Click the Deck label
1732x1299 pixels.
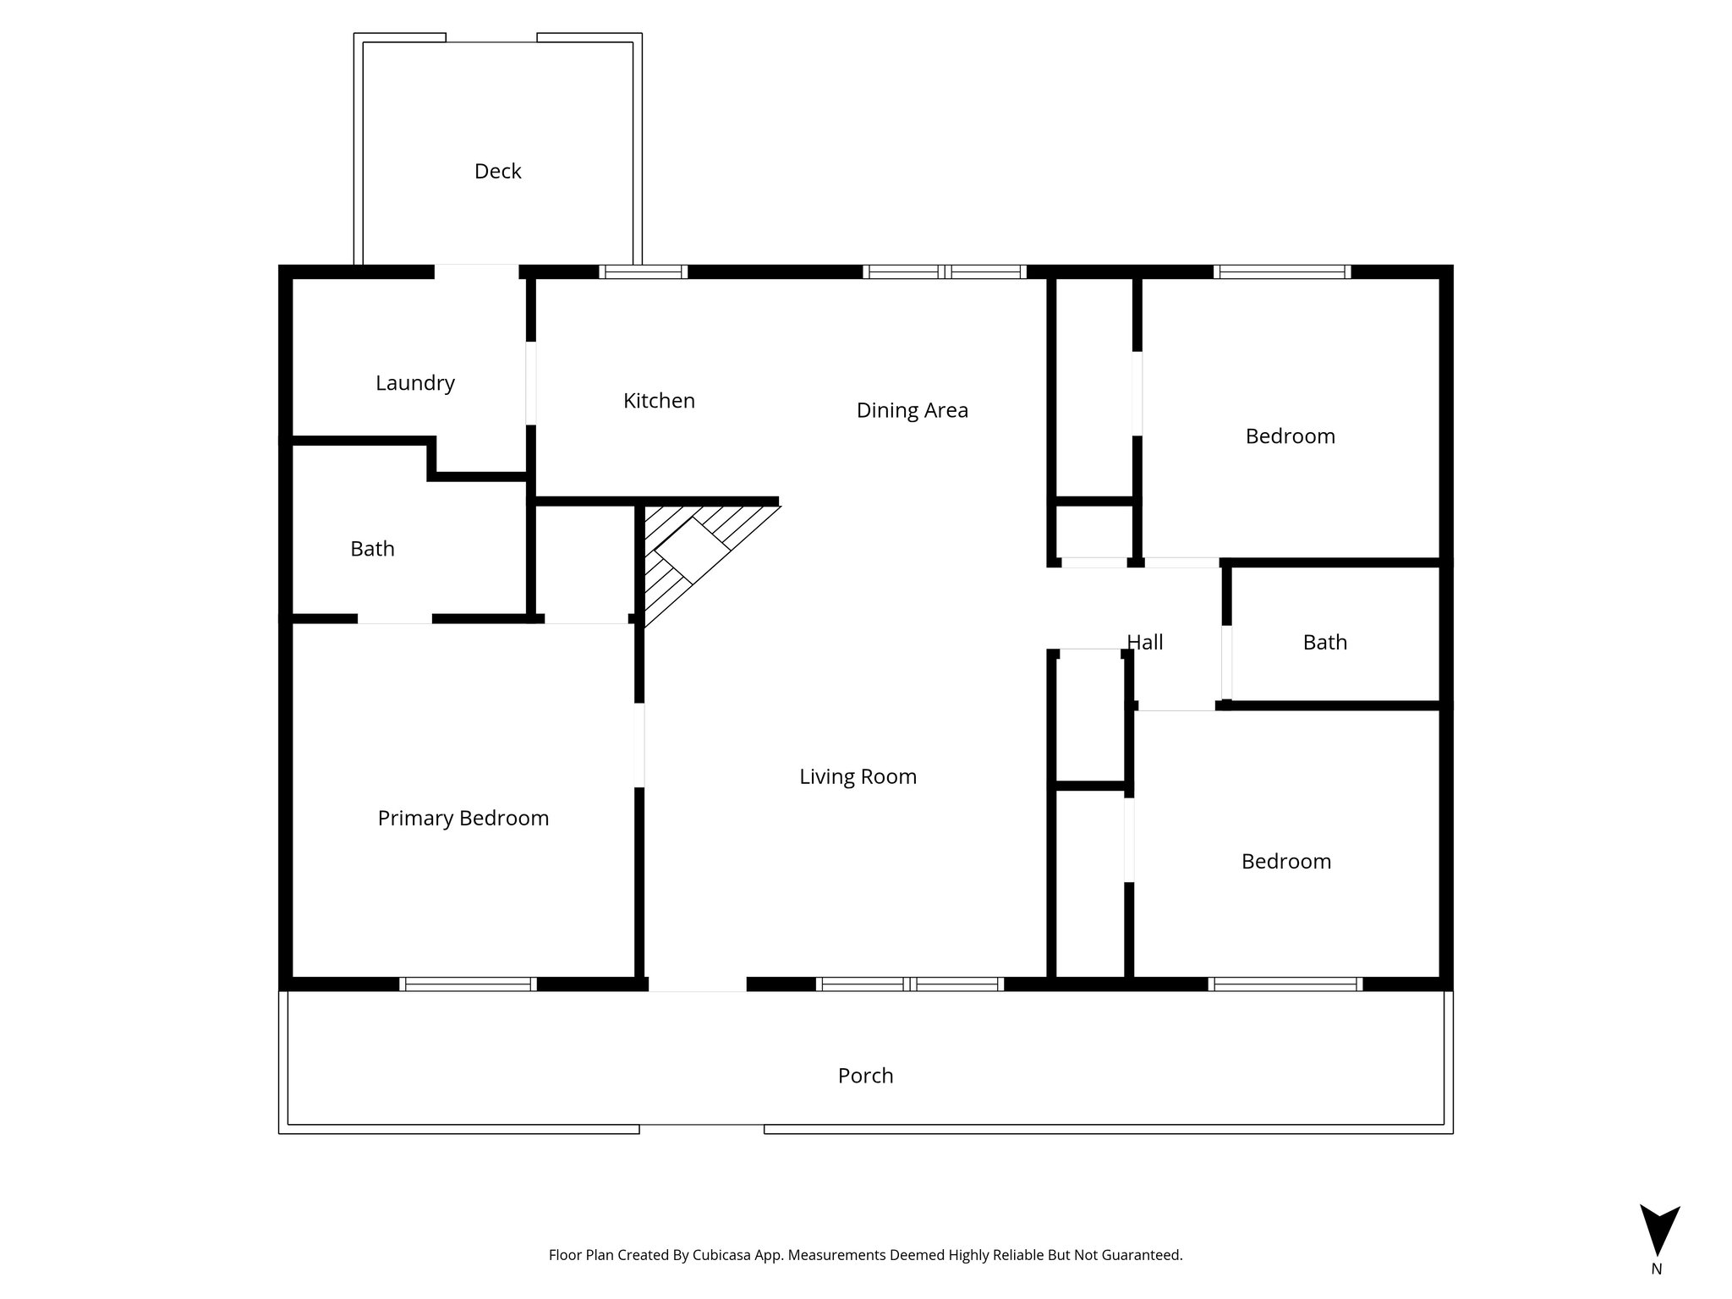(497, 172)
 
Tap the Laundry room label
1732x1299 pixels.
(414, 383)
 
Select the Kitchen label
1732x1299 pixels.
(659, 401)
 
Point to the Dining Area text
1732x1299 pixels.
(912, 410)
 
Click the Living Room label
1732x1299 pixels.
(858, 776)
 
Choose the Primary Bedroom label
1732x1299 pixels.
(463, 818)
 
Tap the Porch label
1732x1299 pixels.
(865, 1076)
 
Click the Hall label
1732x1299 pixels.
(1145, 643)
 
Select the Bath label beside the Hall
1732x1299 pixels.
(1324, 643)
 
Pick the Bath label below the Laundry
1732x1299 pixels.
(372, 549)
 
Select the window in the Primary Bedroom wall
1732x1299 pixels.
(468, 984)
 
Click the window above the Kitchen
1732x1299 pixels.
(643, 271)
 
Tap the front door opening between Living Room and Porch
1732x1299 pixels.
(697, 984)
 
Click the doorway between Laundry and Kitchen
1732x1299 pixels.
(531, 383)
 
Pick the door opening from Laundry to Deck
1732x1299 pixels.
(476, 271)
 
